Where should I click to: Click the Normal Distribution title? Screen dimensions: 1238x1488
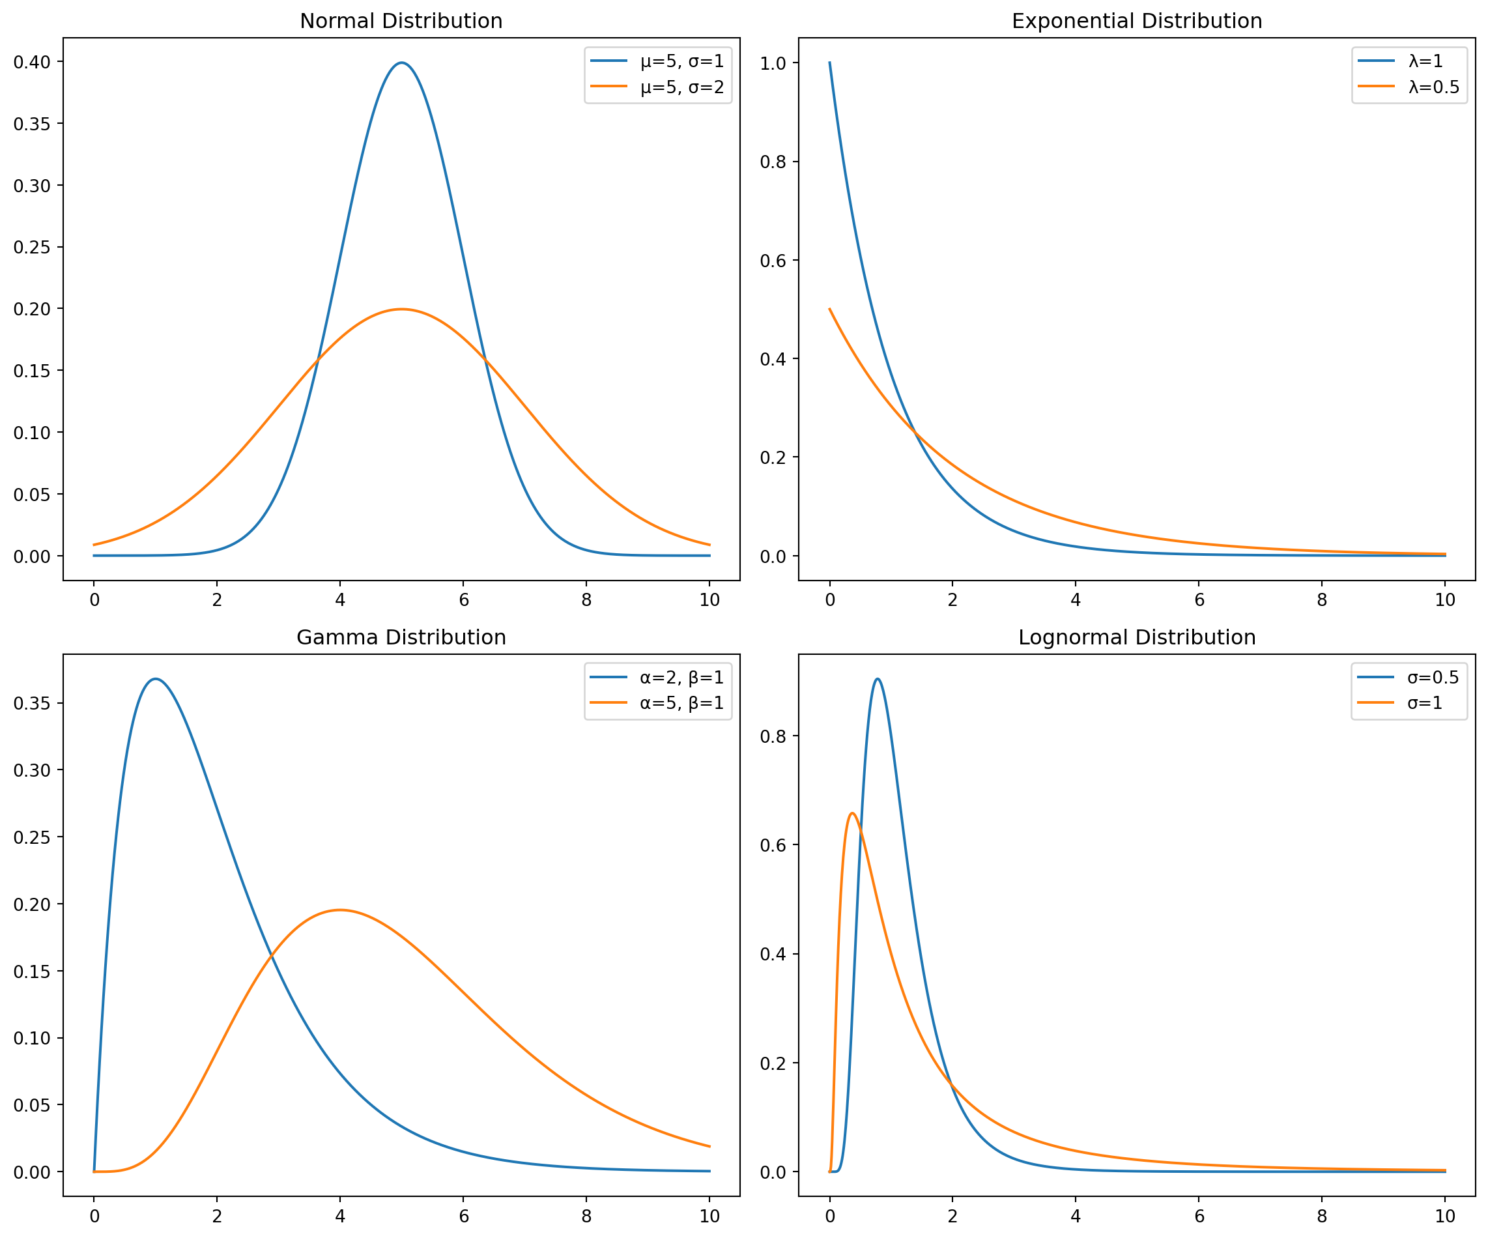(401, 22)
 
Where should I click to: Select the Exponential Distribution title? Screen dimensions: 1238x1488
(1137, 22)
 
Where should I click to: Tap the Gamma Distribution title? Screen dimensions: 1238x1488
(401, 638)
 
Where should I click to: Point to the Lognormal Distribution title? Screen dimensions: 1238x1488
(1137, 638)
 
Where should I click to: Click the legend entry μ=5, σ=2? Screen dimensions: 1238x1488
(681, 87)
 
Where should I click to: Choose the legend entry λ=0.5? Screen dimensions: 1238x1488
(1433, 87)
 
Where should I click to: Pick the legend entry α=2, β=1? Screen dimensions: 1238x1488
(681, 678)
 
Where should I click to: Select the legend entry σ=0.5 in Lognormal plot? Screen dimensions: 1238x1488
(1433, 678)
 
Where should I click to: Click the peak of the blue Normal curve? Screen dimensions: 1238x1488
(402, 63)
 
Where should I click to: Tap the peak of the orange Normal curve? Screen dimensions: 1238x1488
(402, 309)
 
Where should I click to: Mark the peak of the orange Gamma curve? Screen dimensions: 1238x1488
(340, 910)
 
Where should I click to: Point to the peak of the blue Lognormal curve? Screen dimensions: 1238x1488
(878, 679)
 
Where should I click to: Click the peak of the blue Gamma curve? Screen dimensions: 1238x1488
(155, 679)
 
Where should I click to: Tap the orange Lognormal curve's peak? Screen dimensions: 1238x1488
(851, 813)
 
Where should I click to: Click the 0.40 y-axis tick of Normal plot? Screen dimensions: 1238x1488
(33, 62)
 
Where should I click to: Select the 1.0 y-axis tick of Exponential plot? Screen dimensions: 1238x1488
(774, 63)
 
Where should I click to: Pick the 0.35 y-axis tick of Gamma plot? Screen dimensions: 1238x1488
(33, 703)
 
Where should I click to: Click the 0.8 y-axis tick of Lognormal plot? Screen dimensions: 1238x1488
(774, 736)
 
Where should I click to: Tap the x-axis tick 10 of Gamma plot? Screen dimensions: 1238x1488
(709, 1216)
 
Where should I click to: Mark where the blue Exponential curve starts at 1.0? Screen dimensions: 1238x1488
(830, 63)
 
